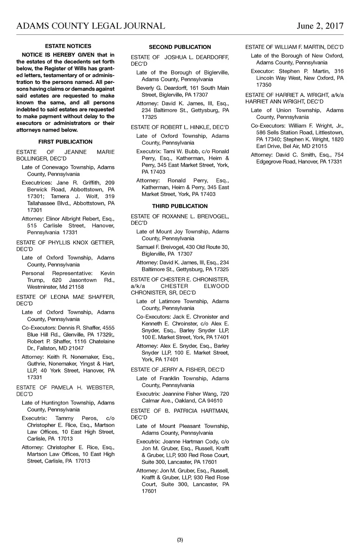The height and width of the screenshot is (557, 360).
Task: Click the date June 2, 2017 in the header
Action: point(320,26)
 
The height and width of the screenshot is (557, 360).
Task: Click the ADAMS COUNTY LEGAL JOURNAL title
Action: point(91,26)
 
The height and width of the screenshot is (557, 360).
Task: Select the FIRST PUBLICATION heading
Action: point(65,142)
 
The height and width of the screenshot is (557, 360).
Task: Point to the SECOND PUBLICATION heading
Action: point(180,47)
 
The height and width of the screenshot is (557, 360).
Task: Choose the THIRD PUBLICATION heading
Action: point(180,206)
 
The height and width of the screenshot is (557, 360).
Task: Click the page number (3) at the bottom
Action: point(180,540)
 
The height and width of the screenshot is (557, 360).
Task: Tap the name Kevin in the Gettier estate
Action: point(107,273)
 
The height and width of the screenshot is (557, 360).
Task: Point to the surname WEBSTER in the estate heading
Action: point(101,388)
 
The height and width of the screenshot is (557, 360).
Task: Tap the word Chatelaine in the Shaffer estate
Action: point(102,342)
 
